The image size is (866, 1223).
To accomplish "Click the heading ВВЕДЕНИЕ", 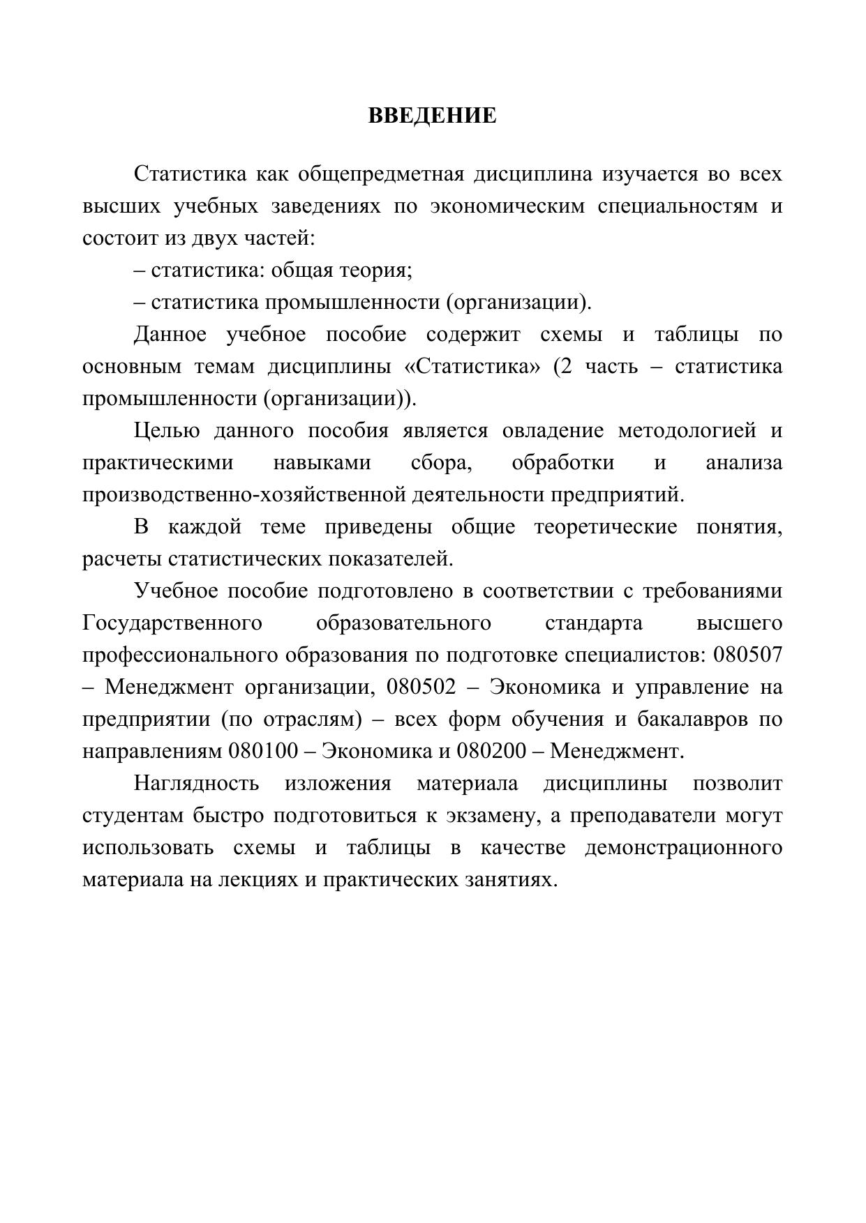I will click(432, 115).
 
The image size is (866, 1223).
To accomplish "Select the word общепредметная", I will click(380, 174).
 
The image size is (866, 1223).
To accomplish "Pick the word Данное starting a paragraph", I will click(170, 334).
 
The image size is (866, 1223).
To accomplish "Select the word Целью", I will click(167, 430).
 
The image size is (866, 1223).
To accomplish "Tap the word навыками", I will click(322, 462).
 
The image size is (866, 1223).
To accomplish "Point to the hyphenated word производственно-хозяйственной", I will click(245, 494).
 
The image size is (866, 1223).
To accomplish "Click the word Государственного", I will click(172, 623).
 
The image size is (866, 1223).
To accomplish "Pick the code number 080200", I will click(491, 751).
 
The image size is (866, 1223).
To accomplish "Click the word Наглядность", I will click(196, 783).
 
